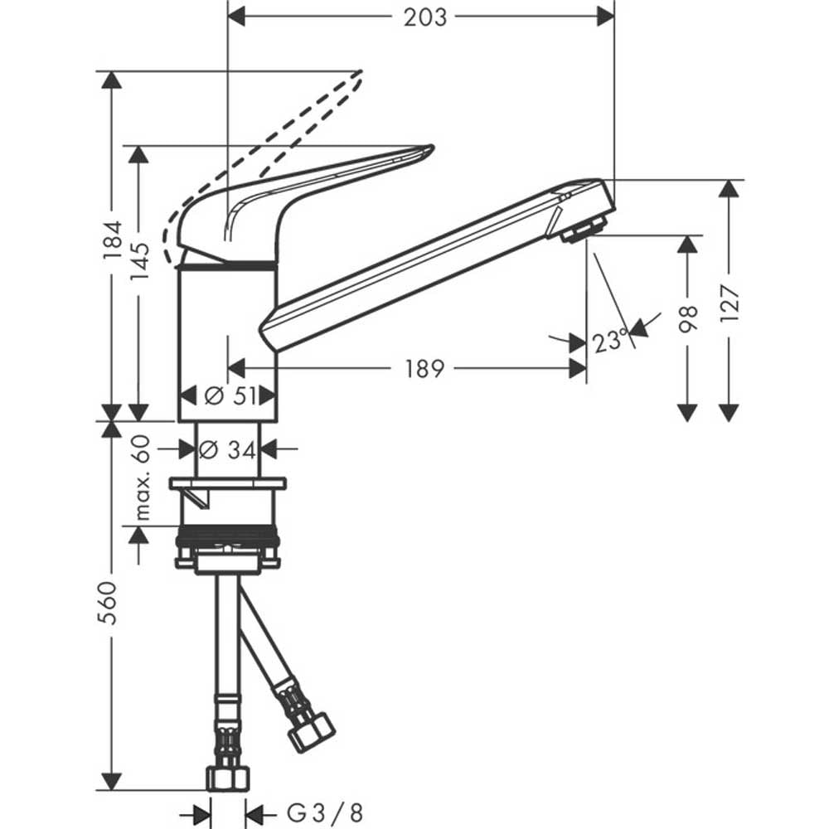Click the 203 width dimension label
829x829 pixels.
click(425, 17)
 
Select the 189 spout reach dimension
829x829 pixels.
click(424, 369)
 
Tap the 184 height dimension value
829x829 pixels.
click(112, 240)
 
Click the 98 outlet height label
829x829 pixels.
click(687, 318)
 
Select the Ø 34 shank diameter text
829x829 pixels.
click(227, 450)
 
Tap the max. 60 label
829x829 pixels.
click(142, 478)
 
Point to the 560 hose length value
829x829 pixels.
click(108, 602)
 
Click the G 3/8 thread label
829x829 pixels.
click(325, 813)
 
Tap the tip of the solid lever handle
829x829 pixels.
click(432, 147)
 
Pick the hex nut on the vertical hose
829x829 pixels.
click(228, 778)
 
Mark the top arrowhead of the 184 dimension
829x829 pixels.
click(112, 80)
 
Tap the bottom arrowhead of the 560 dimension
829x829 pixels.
click(112, 782)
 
